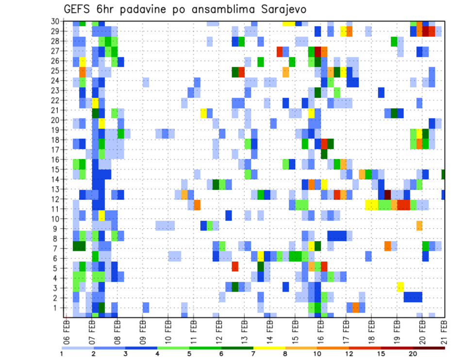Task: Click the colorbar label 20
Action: [x=413, y=354]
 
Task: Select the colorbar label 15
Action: [x=381, y=354]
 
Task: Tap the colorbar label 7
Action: [x=253, y=354]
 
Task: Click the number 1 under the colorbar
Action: [x=62, y=354]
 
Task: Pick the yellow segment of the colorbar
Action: [x=269, y=347]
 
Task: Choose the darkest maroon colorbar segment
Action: [x=429, y=347]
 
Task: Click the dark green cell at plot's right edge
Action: [x=444, y=174]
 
